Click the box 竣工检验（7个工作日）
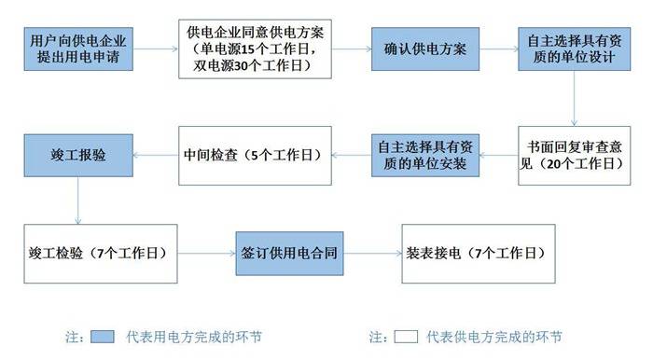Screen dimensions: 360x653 (99, 253)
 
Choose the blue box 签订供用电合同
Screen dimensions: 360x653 (285, 253)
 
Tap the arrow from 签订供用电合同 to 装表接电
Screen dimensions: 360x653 (368, 253)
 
